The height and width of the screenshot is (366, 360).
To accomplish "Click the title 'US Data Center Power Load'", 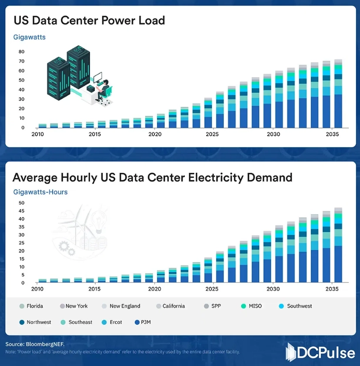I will pos(89,20).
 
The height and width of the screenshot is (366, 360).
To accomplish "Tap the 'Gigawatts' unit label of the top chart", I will pos(29,37).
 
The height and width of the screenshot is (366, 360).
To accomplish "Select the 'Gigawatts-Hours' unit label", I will pos(40,191).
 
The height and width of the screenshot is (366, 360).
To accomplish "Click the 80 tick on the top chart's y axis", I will pos(21,51).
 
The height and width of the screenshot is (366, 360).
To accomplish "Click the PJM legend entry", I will pos(143,322).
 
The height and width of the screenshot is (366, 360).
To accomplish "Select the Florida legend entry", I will pos(31,306).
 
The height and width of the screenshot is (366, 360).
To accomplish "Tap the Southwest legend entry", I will pos(296,306).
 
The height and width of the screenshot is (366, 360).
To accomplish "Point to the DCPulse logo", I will pos(320,352).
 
